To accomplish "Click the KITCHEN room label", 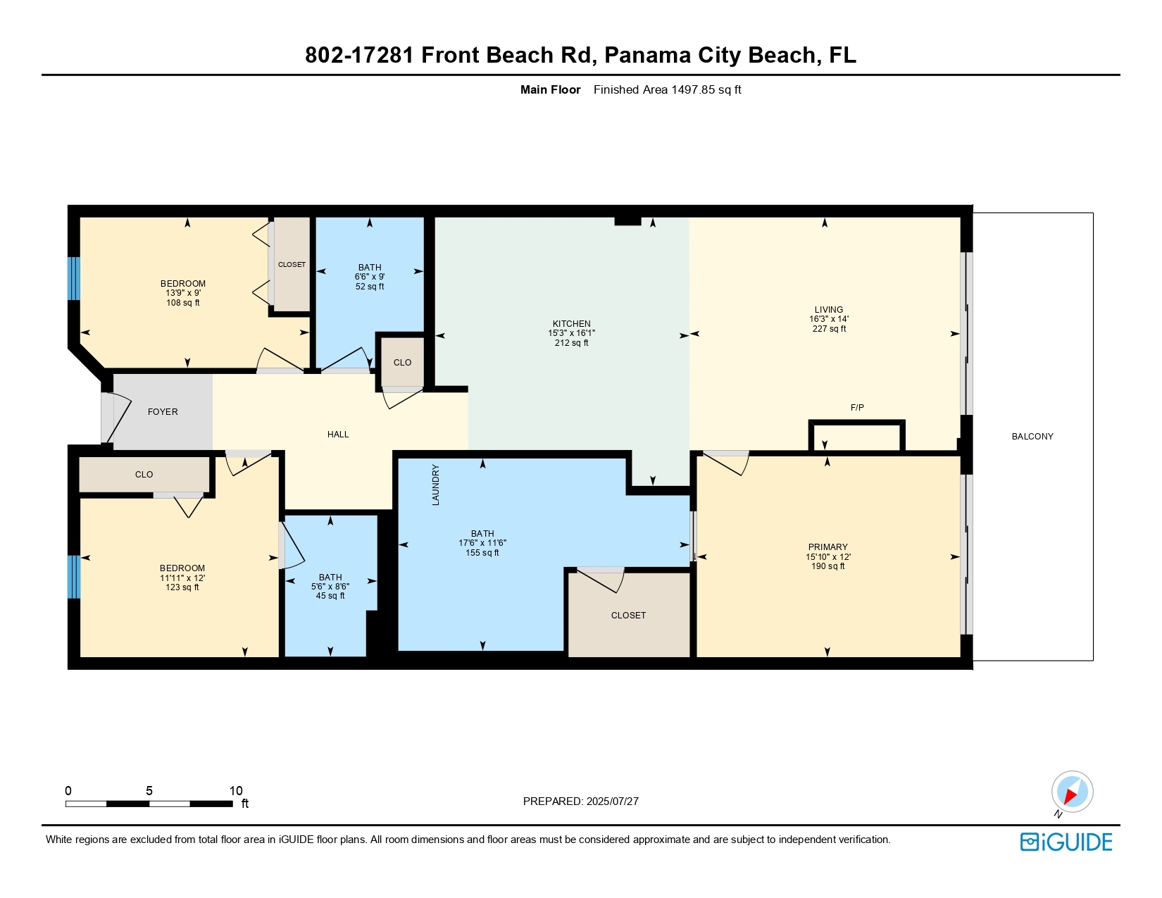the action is (x=571, y=323).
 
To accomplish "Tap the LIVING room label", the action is (x=829, y=310).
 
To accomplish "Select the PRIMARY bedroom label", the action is (x=827, y=547).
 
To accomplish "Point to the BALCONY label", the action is (x=1032, y=437).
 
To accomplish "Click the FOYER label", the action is (x=163, y=412).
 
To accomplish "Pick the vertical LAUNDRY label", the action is (x=435, y=485).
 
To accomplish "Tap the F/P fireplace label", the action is (x=857, y=408).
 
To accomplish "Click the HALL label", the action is (x=338, y=435).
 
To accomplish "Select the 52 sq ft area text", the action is (x=370, y=287).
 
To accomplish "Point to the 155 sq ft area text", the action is (x=482, y=552).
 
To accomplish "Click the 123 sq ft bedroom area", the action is (x=182, y=587).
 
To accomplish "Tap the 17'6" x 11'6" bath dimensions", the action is (x=482, y=543).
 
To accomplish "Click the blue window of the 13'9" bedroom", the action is (x=74, y=278).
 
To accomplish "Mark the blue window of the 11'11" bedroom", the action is (x=74, y=577).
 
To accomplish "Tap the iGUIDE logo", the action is (x=1066, y=842).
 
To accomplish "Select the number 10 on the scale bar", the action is (x=236, y=790).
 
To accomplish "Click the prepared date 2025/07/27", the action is (x=612, y=802).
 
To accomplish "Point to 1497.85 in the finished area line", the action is (x=693, y=90).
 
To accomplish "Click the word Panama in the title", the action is (x=648, y=55).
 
